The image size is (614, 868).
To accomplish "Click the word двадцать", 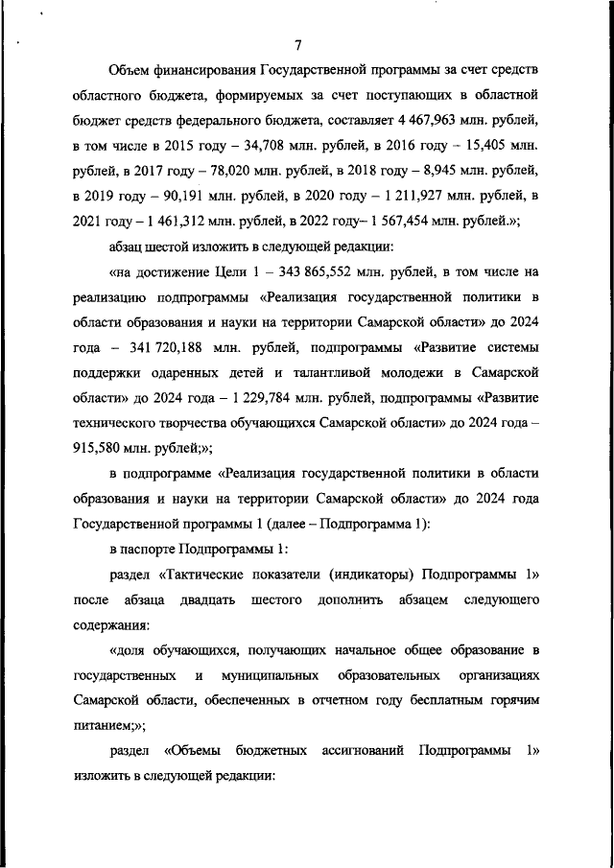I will (x=207, y=599).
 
